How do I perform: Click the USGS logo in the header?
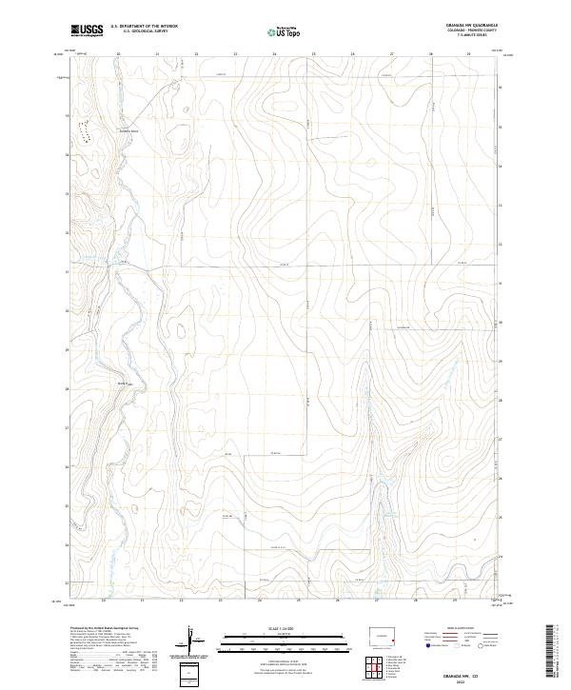pyautogui.click(x=88, y=30)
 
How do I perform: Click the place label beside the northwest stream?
pyautogui.click(x=128, y=130)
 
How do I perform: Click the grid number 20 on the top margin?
pyautogui.click(x=118, y=54)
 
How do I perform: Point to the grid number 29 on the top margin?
pyautogui.click(x=468, y=54)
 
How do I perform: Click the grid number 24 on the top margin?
pyautogui.click(x=274, y=54)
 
